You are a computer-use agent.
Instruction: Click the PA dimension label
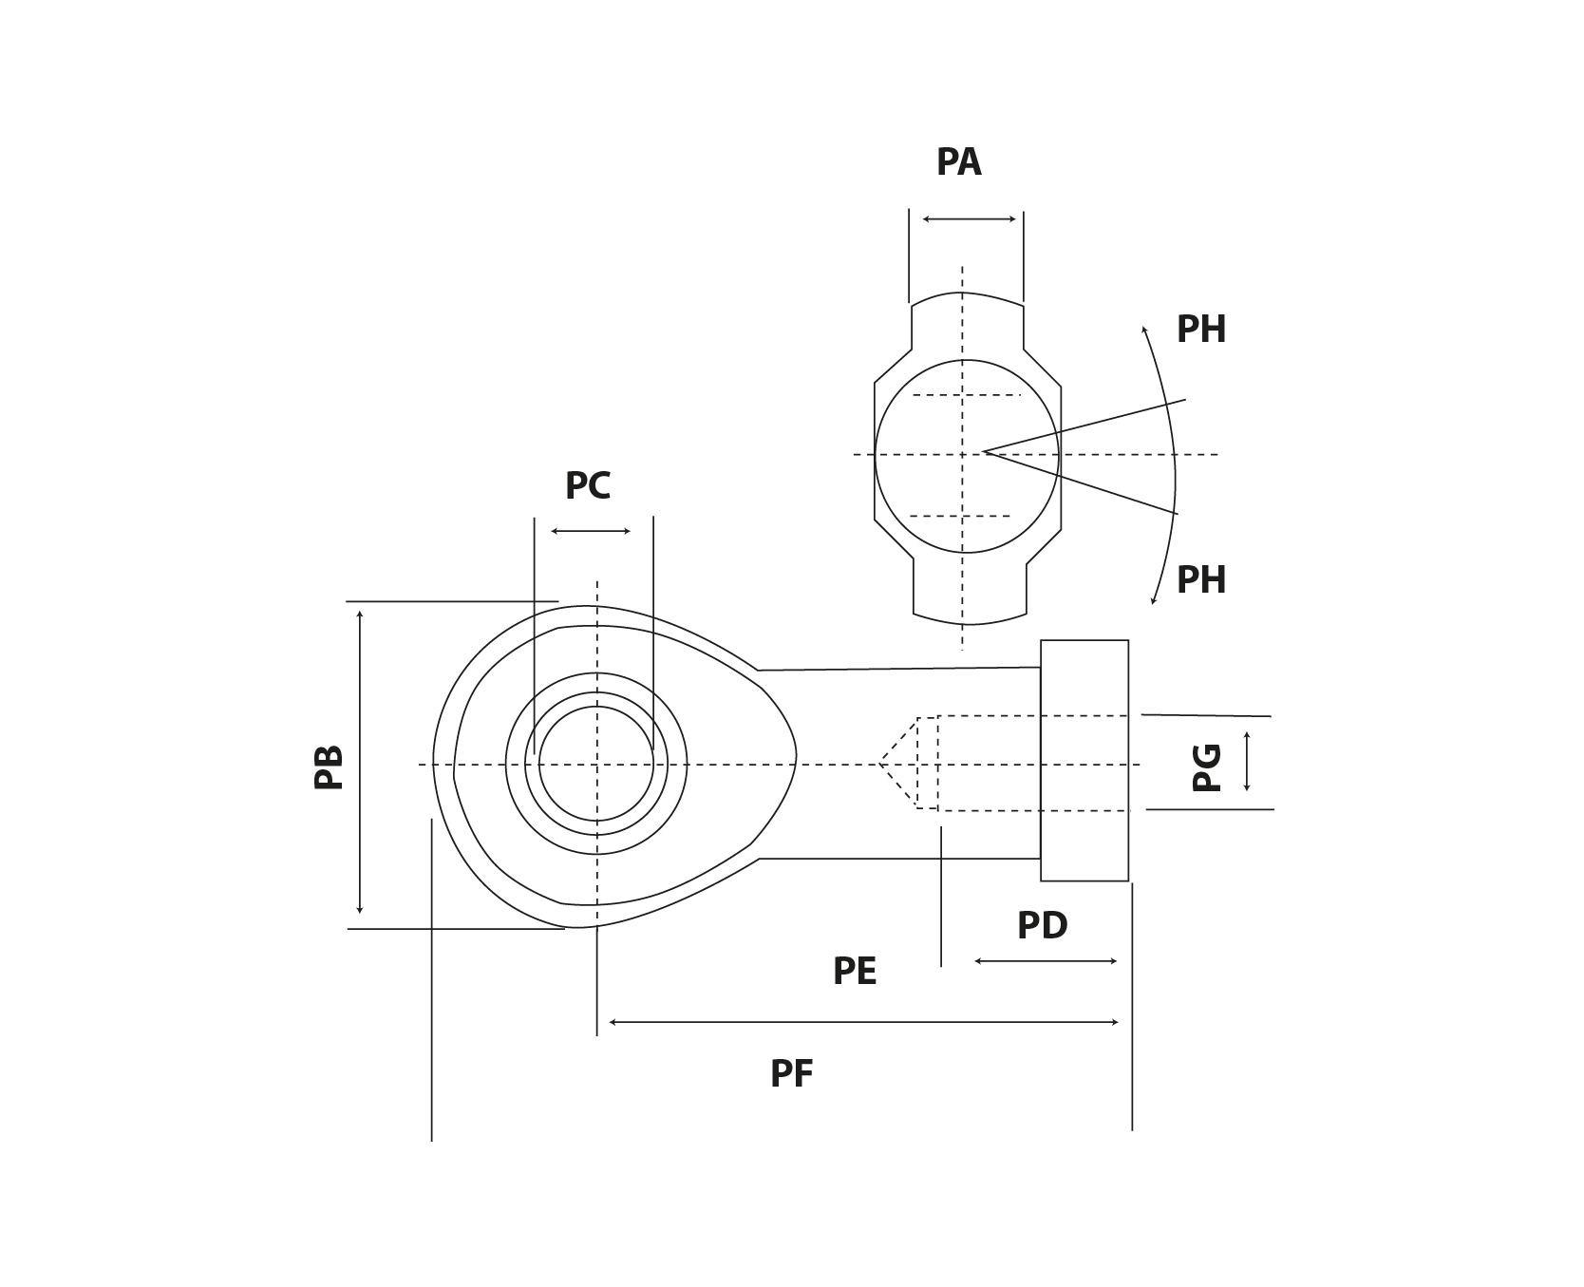point(958,162)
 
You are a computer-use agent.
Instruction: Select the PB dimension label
point(330,767)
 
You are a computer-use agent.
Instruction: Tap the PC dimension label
point(587,486)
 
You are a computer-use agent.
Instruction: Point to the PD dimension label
point(1042,926)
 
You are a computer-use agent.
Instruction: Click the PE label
point(854,972)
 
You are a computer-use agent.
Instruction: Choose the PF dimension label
point(791,1074)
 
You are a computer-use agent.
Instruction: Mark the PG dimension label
point(1207,767)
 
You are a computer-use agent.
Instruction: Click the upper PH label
point(1200,330)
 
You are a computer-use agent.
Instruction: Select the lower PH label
point(1200,580)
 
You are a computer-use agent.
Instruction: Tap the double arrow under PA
point(969,219)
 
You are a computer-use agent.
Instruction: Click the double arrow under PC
point(591,531)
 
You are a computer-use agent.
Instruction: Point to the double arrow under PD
point(1045,961)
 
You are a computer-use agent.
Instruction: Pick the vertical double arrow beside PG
point(1247,761)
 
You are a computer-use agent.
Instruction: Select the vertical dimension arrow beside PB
point(360,762)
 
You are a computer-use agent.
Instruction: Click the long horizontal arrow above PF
point(862,1022)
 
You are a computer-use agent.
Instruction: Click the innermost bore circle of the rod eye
point(595,764)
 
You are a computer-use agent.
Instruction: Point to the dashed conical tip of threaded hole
point(897,763)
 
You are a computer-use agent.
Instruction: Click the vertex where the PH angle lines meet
point(985,451)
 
